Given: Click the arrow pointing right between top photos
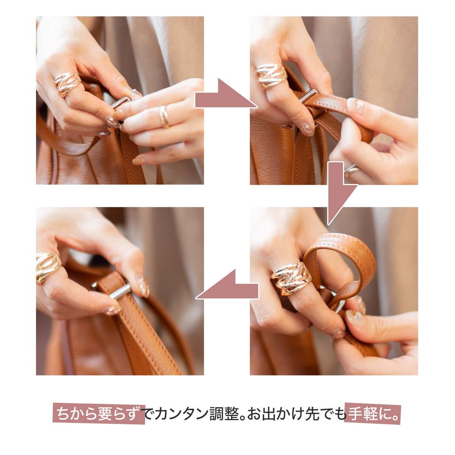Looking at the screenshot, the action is coord(226,95).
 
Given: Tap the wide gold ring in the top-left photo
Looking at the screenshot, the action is coord(67,83).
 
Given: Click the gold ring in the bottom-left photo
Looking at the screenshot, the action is coord(48,268).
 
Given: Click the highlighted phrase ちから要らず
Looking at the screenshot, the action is coord(99,414).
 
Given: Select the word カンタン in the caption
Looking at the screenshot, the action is coord(182,414).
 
